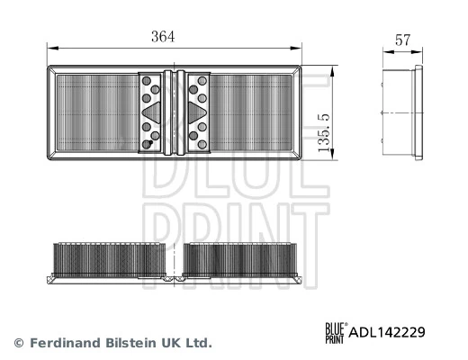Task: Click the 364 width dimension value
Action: [x=163, y=37]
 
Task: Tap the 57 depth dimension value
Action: [x=403, y=40]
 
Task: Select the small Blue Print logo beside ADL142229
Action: [x=335, y=332]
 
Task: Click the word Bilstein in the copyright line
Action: [x=130, y=343]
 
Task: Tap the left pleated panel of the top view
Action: [x=94, y=114]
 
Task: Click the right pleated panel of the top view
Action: [x=253, y=114]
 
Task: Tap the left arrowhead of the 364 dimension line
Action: [x=50, y=49]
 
